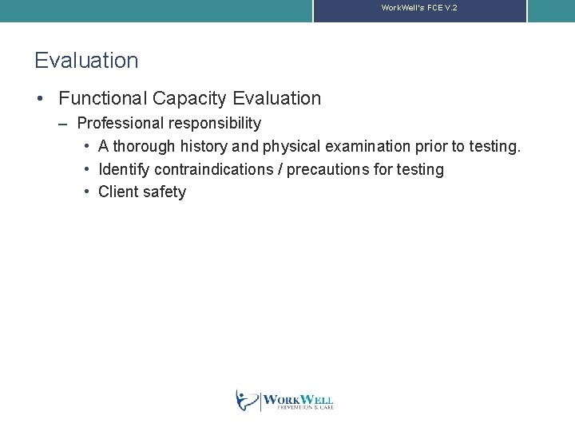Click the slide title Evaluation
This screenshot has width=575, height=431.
(86, 61)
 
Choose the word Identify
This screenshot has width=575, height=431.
(124, 169)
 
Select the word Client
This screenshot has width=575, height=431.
(117, 192)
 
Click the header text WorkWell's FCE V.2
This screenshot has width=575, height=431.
(419, 7)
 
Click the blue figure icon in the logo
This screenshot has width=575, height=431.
(247, 400)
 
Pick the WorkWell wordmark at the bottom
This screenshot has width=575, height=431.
(298, 401)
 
